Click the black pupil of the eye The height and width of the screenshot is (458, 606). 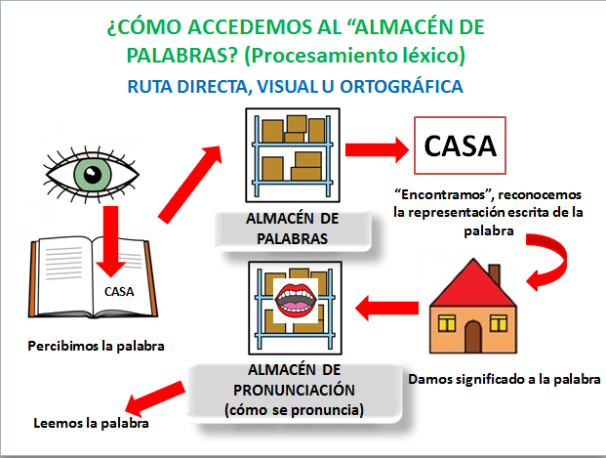[x=93, y=175]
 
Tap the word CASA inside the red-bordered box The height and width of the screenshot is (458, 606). [x=460, y=146]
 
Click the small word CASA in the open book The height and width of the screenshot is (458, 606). [x=119, y=291]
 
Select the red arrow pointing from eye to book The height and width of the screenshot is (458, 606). [x=111, y=241]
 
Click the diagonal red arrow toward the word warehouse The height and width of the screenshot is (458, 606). [x=190, y=185]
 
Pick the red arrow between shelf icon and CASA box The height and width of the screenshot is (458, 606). [x=377, y=149]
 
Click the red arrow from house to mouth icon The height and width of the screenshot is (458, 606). [x=386, y=308]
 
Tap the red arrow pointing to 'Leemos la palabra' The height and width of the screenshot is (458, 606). [x=154, y=397]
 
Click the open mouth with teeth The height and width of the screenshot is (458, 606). [x=296, y=299]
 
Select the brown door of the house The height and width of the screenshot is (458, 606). [x=473, y=336]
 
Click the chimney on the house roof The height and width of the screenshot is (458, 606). [x=494, y=275]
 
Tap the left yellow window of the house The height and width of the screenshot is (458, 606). [x=446, y=323]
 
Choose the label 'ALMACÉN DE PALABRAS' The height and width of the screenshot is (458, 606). [x=293, y=229]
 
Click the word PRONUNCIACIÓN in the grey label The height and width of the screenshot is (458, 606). [x=294, y=390]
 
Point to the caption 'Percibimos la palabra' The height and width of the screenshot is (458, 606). [x=96, y=346]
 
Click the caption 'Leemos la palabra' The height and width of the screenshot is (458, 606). [x=91, y=423]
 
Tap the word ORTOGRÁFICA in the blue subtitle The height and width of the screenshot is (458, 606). [x=401, y=86]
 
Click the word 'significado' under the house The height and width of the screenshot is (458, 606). [x=490, y=380]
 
